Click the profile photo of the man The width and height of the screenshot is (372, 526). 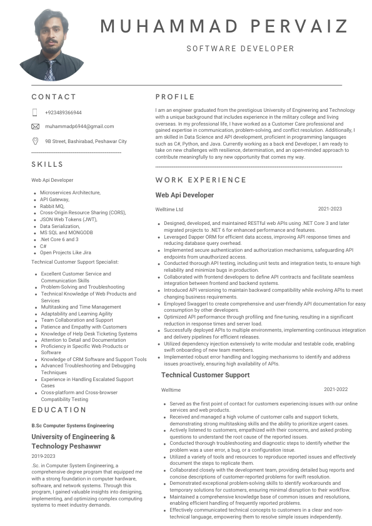coord(51,46)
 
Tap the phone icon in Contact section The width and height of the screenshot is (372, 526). coord(35,112)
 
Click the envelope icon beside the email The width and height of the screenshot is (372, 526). coord(35,126)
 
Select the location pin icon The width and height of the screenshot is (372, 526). coord(35,141)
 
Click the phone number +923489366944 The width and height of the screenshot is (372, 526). coord(63,112)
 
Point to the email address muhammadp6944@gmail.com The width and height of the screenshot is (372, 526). coord(79,126)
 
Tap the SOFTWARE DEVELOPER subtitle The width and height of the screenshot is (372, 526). coord(240,48)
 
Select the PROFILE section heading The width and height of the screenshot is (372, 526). coord(175,97)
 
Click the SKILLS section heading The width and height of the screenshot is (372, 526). coord(48,164)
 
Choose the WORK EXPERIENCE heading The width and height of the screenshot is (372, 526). coord(196,180)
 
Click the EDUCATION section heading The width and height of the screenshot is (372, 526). coord(59,410)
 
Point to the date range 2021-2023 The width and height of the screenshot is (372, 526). coord(329,209)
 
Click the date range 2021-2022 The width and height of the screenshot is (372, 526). coord(336,389)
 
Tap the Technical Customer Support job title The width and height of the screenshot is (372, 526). coord(206,375)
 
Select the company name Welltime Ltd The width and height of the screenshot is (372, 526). coord(169,209)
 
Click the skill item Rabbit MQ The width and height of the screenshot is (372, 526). coord(52,206)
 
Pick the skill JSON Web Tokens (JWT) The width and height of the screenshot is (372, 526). coord(69,219)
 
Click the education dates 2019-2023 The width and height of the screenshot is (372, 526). coord(43,456)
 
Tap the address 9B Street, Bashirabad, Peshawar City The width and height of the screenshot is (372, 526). coord(86,141)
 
